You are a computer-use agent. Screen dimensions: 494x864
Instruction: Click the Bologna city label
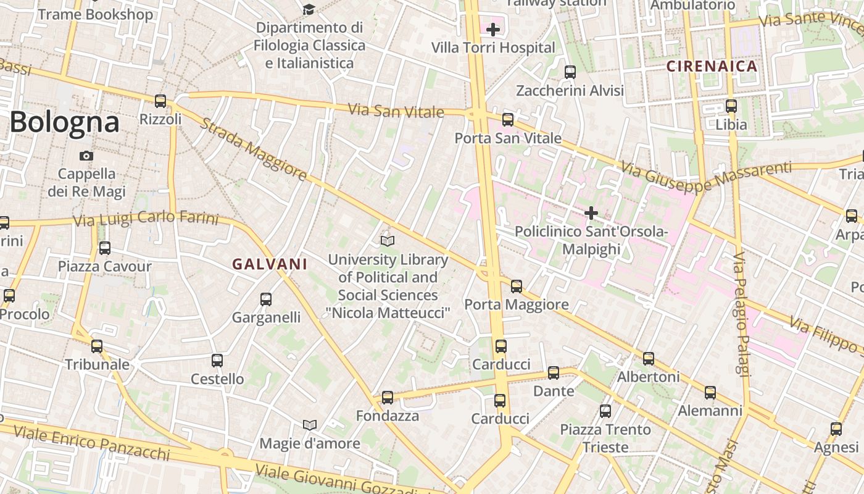pos(64,122)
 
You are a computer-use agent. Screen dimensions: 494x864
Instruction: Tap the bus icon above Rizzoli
pos(160,101)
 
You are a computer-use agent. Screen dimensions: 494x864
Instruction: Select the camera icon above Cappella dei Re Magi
pos(86,156)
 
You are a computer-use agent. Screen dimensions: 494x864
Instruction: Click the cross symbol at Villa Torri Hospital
pos(492,29)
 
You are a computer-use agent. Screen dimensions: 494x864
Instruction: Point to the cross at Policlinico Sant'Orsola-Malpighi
pos(591,214)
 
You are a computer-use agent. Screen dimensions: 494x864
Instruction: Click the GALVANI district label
pos(270,264)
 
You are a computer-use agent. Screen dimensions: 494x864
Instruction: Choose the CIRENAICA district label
pos(712,66)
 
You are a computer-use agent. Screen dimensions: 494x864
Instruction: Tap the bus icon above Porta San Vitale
pos(508,120)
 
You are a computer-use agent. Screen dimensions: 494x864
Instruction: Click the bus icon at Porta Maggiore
pos(517,287)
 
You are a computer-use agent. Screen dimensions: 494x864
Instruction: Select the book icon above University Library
pos(388,241)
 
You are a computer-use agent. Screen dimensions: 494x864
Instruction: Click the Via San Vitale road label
pos(396,111)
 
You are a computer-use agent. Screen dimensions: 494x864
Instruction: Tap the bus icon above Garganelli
pos(266,299)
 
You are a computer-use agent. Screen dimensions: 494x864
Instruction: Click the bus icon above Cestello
pos(217,361)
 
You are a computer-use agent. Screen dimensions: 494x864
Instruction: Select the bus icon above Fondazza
pos(388,398)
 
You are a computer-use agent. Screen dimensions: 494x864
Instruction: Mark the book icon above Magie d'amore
pos(310,425)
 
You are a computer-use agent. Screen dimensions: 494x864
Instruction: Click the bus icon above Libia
pos(731,106)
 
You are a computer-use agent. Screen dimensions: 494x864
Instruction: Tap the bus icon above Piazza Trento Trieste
pos(605,411)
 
